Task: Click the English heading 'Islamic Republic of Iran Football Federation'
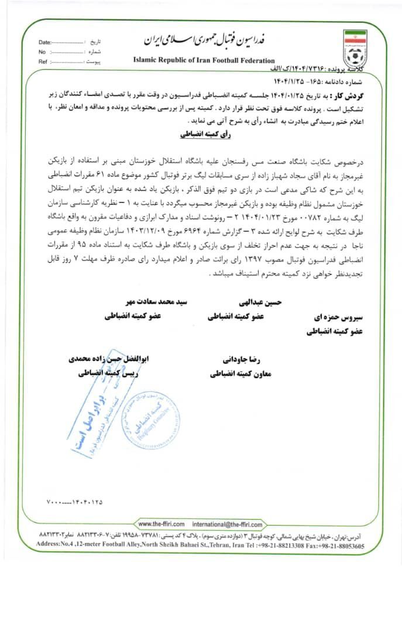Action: pos(204,60)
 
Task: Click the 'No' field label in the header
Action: pos(42,52)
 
